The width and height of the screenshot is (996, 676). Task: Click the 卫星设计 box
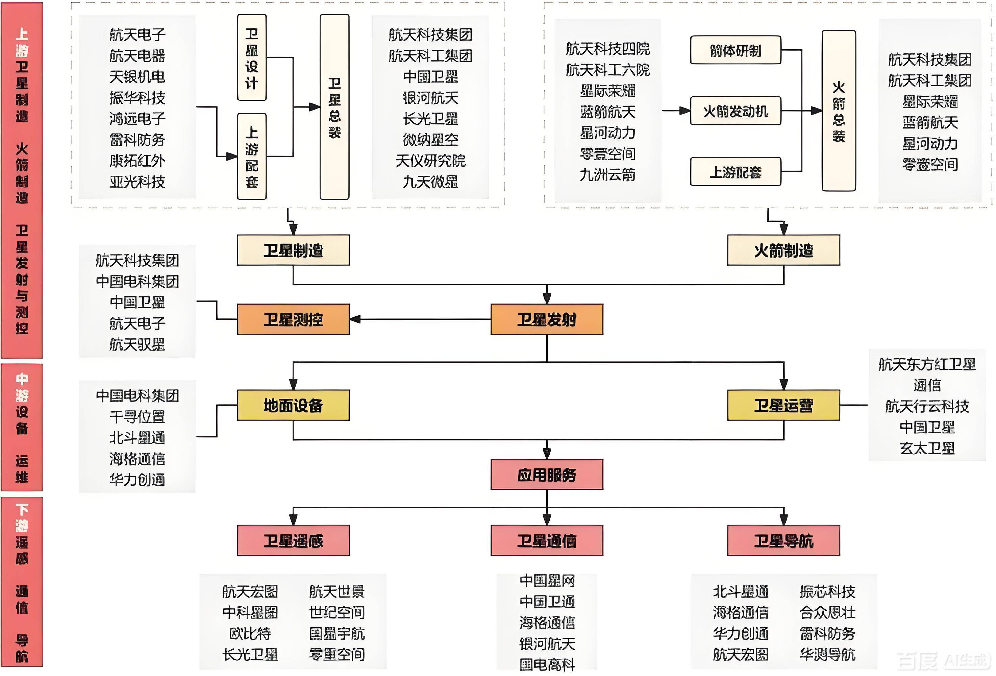point(252,57)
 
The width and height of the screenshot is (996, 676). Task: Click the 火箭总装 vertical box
point(838,111)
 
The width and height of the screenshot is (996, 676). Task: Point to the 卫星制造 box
point(293,250)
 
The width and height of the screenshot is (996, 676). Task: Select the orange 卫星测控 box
point(293,319)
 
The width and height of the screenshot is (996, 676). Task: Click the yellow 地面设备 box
point(293,405)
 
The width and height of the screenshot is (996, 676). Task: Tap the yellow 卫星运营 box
point(783,405)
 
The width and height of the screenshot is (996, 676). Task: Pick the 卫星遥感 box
point(293,540)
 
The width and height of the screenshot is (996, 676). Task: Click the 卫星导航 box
point(783,540)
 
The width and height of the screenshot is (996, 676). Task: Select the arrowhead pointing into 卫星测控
point(355,319)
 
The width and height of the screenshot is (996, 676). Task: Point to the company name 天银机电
point(137,77)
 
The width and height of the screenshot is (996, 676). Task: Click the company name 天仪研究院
point(430,161)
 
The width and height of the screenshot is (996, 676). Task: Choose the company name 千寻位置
point(137,416)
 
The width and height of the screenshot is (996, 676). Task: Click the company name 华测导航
point(827,654)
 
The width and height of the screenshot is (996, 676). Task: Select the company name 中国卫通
point(547,601)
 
